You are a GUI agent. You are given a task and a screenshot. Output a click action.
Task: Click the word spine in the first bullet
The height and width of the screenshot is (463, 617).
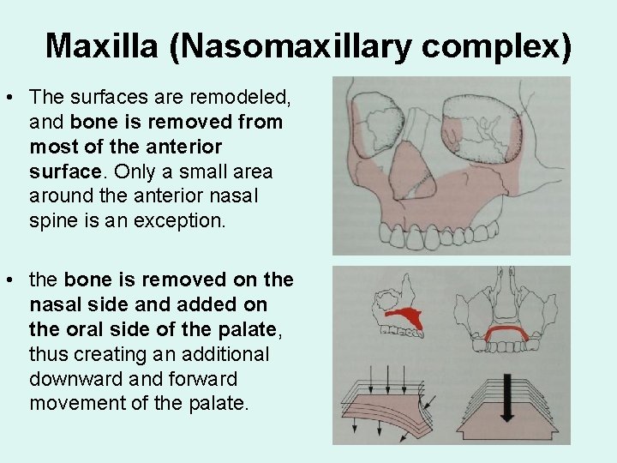tap(53, 219)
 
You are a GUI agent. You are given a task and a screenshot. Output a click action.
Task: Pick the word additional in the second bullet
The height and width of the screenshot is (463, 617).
tap(225, 354)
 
